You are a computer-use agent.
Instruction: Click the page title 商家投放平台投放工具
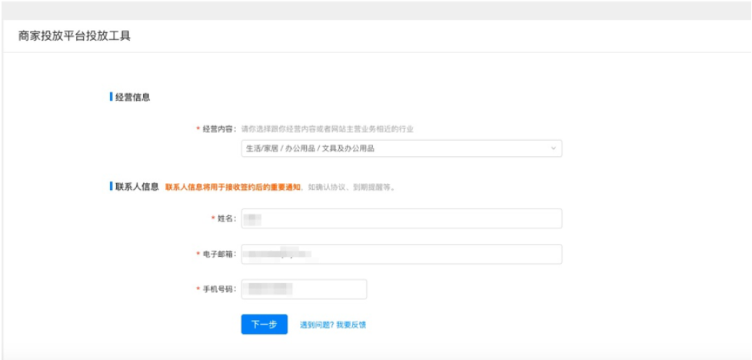[75, 36]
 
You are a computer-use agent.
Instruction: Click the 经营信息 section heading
[132, 98]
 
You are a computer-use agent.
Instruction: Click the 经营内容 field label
[219, 129]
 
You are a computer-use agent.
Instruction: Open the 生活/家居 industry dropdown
[401, 148]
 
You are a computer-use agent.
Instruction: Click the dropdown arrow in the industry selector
[553, 148]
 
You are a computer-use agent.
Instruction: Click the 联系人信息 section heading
[137, 186]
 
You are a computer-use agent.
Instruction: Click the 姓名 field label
[226, 218]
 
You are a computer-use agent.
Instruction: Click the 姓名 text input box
[401, 218]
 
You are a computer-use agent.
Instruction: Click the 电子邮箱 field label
[219, 254]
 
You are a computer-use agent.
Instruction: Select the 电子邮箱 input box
[401, 254]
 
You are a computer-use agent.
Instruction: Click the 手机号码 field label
[219, 289]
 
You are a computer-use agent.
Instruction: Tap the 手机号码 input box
[304, 289]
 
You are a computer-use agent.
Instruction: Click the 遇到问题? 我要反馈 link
[332, 325]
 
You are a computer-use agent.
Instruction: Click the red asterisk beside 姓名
[213, 218]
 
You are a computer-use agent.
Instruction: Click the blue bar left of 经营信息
[111, 98]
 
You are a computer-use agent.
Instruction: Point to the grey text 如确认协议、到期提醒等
[351, 187]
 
